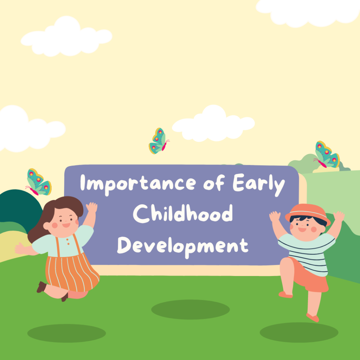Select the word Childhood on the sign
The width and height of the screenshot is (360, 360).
tap(183, 213)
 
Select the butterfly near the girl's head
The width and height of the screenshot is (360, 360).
tap(39, 182)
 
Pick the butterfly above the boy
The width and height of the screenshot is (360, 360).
tap(327, 155)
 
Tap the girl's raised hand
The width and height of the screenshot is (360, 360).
tap(92, 207)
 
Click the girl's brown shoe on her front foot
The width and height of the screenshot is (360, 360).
tap(41, 287)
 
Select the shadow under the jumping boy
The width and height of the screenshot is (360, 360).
tap(299, 332)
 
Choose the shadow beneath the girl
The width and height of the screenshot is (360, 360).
tap(66, 333)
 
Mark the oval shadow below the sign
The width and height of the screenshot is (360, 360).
tap(190, 309)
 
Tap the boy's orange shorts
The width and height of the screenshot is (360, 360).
tap(310, 276)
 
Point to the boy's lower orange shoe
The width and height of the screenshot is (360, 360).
tap(313, 317)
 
